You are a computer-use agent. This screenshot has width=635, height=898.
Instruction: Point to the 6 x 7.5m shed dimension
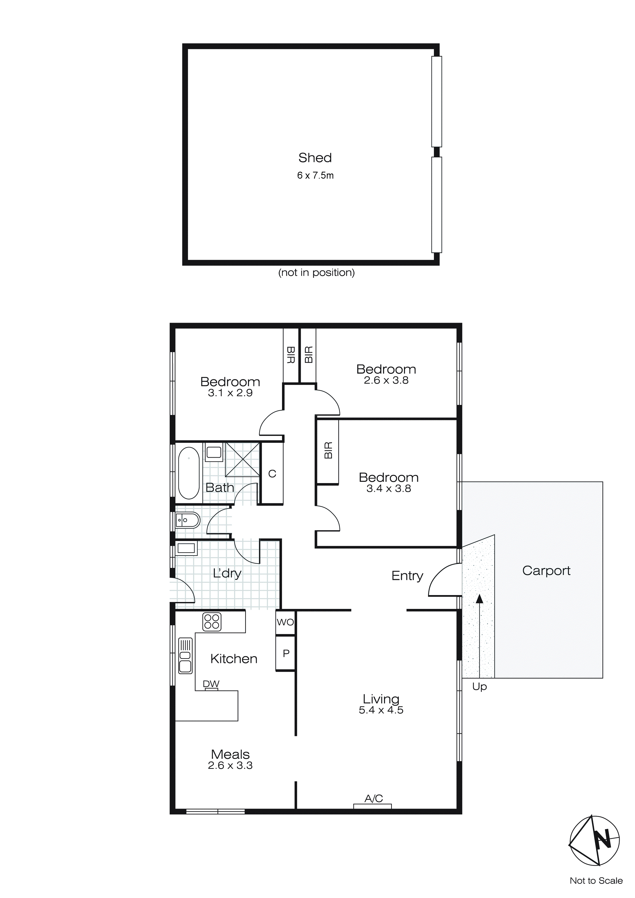click(x=315, y=176)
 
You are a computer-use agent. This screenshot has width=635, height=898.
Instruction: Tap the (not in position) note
click(x=316, y=273)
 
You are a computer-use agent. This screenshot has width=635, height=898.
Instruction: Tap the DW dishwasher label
click(x=211, y=684)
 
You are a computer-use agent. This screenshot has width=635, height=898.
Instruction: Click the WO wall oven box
click(x=285, y=622)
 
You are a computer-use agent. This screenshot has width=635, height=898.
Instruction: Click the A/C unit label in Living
click(x=373, y=799)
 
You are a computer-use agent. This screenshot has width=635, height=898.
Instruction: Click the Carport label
click(x=546, y=571)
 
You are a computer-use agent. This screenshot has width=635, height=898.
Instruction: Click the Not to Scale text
click(x=596, y=881)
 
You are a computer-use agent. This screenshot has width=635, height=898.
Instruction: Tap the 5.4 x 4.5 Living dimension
click(x=381, y=710)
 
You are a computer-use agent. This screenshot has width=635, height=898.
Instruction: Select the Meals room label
click(x=230, y=754)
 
